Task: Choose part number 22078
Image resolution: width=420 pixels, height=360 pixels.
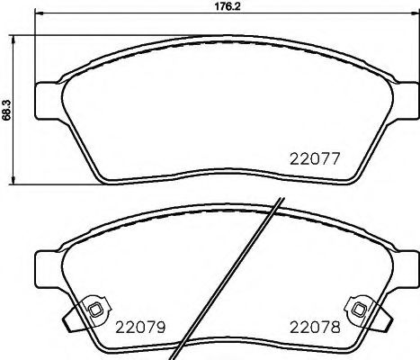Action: tap(313, 327)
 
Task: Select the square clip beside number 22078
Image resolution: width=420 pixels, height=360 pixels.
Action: tap(359, 309)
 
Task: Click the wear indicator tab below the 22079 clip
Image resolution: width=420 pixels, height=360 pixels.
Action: tap(72, 317)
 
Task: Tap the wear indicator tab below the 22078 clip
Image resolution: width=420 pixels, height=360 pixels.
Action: tap(381, 317)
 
